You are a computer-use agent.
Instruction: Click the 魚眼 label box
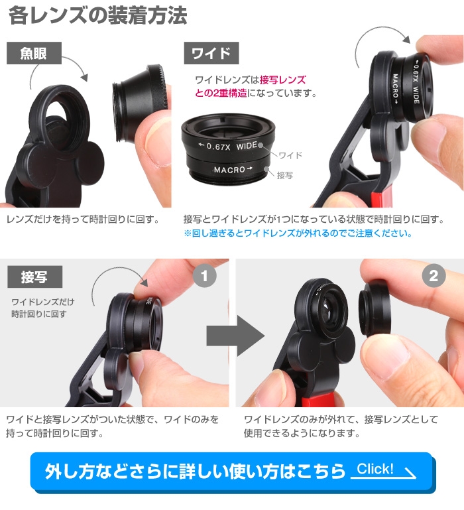point(34,53)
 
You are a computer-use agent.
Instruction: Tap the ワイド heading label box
point(211,53)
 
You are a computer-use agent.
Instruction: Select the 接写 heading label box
point(34,277)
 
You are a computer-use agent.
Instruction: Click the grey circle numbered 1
point(205,276)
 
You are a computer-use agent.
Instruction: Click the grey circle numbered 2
point(434,276)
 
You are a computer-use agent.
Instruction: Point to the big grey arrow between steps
point(235,335)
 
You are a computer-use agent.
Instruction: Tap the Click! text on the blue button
point(375,469)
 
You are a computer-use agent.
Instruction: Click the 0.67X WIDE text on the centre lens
point(229,146)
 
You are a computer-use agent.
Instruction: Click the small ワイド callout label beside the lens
point(290,155)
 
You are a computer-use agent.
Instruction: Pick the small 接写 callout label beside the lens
point(285,175)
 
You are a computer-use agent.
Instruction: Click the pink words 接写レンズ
point(282,80)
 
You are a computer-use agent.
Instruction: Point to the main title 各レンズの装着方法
point(98,15)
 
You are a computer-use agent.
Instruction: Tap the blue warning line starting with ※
point(298,233)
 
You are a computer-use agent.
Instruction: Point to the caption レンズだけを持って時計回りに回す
point(83,220)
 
